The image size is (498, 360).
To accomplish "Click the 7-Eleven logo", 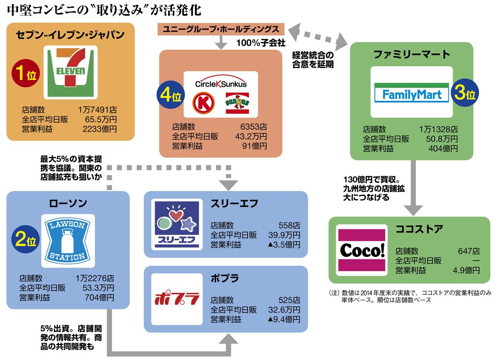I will pos(71,72).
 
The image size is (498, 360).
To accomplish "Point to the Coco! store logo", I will pos(362,249).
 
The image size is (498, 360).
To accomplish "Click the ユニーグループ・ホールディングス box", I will pos(221,29).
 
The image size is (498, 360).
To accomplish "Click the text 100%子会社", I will pos(261,43).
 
